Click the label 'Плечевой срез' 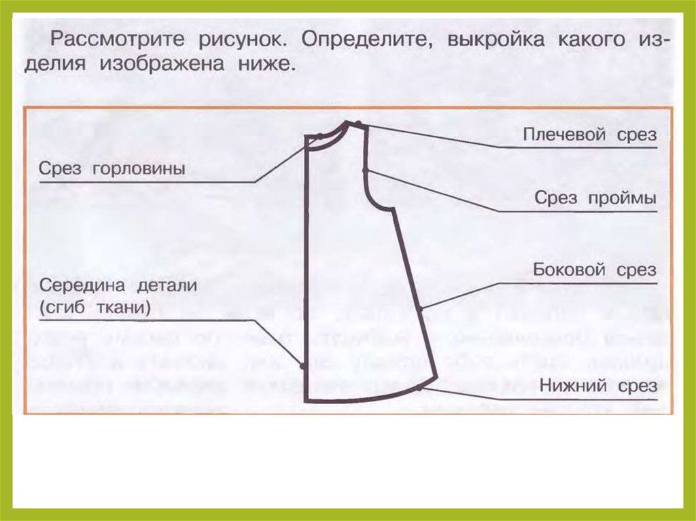click(589, 134)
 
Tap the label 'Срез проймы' click(595, 198)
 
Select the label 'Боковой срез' click(594, 270)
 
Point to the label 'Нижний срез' click(598, 386)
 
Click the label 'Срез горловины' click(112, 169)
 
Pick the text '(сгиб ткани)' click(95, 307)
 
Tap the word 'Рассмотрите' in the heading click(117, 39)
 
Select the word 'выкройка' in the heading click(495, 39)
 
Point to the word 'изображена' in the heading click(162, 64)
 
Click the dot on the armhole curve click(365, 170)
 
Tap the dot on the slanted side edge click(420, 308)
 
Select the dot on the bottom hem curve click(419, 388)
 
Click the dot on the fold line click(302, 366)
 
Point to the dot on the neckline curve click(319, 137)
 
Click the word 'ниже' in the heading click(266, 64)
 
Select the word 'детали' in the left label click(167, 285)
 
